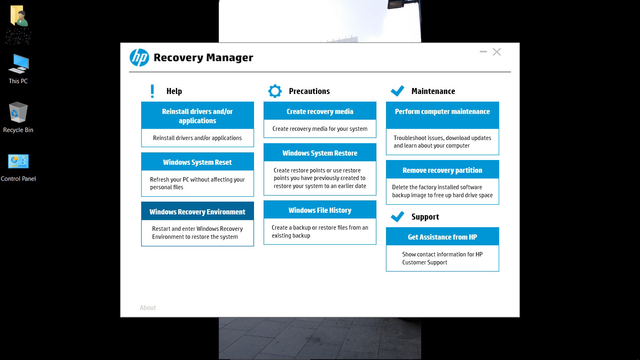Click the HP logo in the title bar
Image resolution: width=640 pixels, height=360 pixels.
(139, 58)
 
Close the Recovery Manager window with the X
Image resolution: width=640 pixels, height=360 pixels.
(496, 52)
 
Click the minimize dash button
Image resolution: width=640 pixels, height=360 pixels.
(483, 52)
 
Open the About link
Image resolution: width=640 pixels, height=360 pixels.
(148, 308)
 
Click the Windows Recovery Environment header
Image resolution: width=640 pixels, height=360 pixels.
(198, 212)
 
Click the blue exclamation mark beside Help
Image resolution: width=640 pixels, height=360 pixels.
(152, 91)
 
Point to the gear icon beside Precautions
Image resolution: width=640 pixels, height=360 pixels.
(275, 91)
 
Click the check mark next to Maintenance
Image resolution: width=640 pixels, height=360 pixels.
(397, 91)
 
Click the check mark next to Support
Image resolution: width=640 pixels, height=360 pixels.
(397, 216)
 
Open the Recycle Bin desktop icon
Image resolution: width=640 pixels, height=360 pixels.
(18, 118)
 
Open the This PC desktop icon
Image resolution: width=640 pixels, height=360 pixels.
(18, 69)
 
